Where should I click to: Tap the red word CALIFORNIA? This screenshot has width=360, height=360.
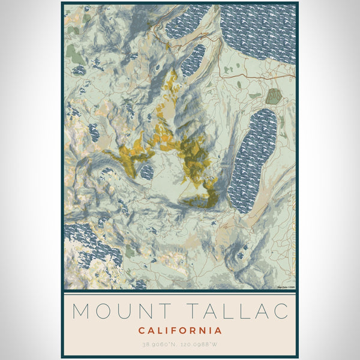180,331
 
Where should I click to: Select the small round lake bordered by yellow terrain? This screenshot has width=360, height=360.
147,172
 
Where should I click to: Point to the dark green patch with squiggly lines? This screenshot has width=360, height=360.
274,95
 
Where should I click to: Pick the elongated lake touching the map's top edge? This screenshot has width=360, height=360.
188,23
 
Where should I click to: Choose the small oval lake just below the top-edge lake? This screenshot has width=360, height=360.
193,59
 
